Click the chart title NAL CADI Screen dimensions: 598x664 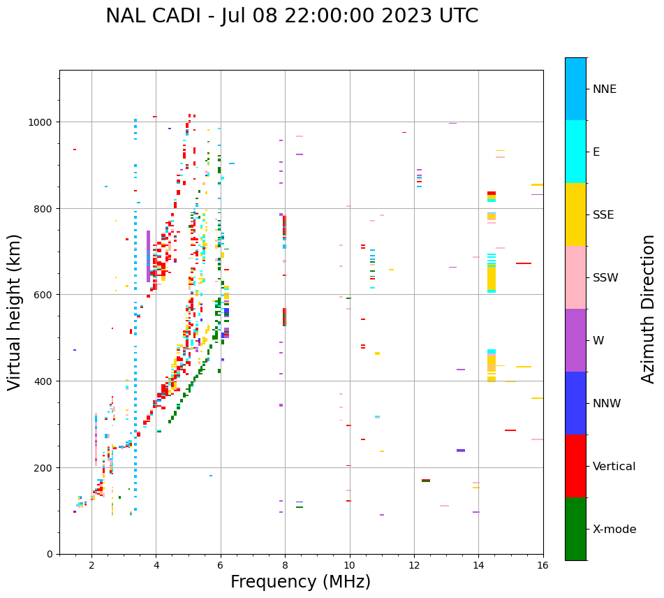151,16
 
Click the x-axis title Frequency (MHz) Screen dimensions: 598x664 300,582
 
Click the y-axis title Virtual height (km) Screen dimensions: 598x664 15,312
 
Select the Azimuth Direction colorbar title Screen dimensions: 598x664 649,309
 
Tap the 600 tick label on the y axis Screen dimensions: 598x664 44,295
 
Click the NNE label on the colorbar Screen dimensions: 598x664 605,89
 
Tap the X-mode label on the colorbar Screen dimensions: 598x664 614,530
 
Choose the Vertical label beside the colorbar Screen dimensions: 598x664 614,467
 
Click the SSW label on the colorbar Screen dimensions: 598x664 605,278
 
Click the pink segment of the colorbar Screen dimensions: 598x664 575,277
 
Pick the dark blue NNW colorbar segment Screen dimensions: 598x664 575,403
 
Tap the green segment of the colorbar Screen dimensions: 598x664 575,529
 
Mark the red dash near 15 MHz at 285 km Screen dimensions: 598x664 510,430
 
